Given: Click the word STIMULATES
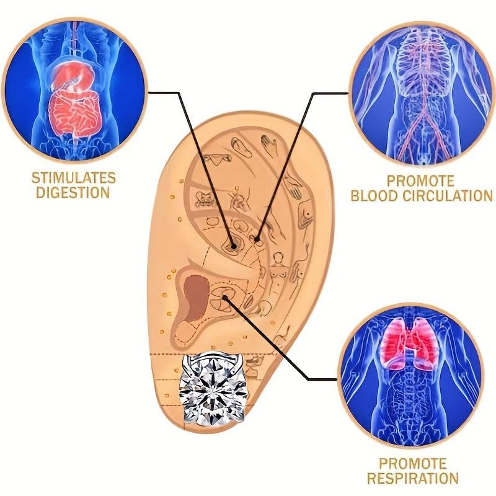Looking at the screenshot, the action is coord(73,178).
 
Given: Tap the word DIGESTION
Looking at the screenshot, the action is coord(73,192).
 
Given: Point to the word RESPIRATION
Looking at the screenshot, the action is coord(413,477).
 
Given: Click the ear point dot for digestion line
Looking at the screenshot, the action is coord(234,246).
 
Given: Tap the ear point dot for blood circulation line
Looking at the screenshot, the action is coord(257,239).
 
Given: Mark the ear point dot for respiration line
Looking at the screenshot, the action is coord(225,298).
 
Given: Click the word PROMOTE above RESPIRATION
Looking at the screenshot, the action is coord(413,463).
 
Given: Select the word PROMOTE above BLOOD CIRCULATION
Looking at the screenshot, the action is coord(421,181).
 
